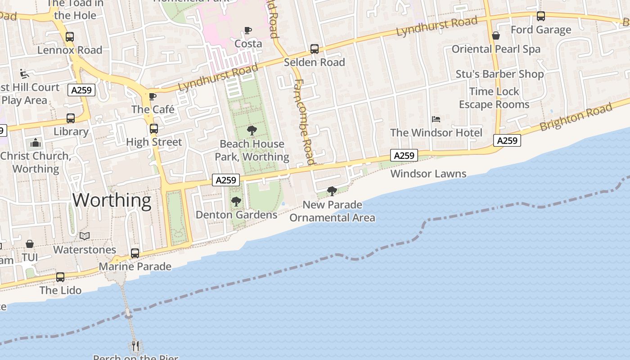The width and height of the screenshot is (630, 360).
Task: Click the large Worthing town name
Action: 112,200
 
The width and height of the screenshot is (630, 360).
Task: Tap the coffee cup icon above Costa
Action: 248,31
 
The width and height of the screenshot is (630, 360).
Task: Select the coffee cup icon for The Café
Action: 153,96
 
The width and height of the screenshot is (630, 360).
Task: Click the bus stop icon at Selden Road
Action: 315,49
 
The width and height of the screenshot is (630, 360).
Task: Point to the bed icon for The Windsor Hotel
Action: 436,119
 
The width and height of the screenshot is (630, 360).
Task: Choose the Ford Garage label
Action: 540,30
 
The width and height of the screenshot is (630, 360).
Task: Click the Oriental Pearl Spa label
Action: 496,49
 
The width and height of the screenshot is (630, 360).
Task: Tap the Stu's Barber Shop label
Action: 499,74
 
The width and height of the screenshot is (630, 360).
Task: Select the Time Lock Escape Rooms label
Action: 494,98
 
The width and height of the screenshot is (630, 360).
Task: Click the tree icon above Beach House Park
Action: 252,130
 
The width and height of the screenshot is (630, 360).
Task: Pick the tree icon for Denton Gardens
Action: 236,202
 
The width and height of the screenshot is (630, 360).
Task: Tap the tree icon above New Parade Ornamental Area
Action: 332,191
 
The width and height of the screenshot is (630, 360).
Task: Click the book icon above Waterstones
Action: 85,236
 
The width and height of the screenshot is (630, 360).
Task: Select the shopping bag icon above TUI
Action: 30,244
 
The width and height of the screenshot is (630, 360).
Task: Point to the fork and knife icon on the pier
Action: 135,346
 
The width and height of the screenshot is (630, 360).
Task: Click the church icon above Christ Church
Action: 36,144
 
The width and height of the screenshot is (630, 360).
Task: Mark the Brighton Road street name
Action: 576,117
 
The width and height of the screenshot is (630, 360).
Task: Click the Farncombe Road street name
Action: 304,121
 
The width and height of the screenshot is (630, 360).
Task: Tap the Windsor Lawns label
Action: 428,174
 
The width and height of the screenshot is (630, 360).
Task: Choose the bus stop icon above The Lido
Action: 60,277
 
